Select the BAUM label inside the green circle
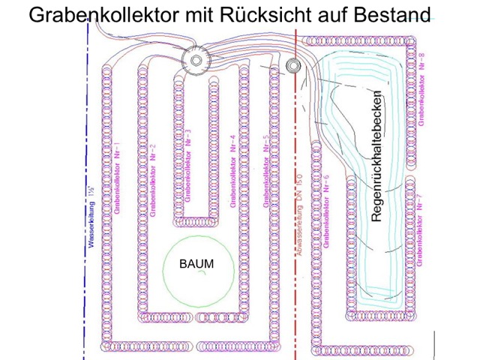pyautogui.click(x=196, y=264)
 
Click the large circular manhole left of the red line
pyautogui.click(x=196, y=61)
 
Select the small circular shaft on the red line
pyautogui.click(x=292, y=66)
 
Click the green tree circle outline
pyautogui.click(x=163, y=270)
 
